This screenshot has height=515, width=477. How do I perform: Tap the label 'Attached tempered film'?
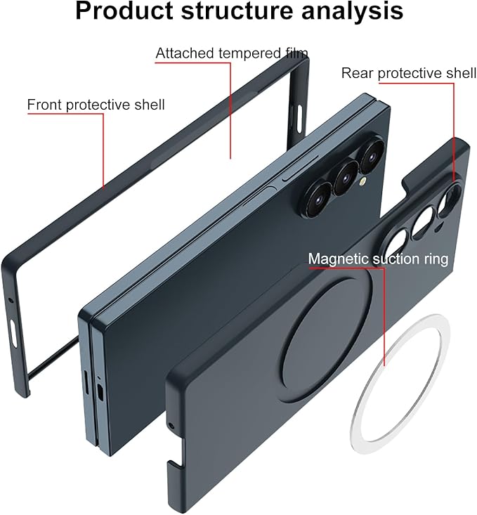pyautogui.click(x=232, y=53)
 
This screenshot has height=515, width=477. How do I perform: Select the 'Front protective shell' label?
pyautogui.click(x=96, y=105)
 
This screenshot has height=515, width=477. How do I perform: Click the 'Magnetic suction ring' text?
pyautogui.click(x=378, y=259)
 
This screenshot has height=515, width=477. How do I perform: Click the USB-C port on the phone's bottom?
pyautogui.click(x=99, y=391)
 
